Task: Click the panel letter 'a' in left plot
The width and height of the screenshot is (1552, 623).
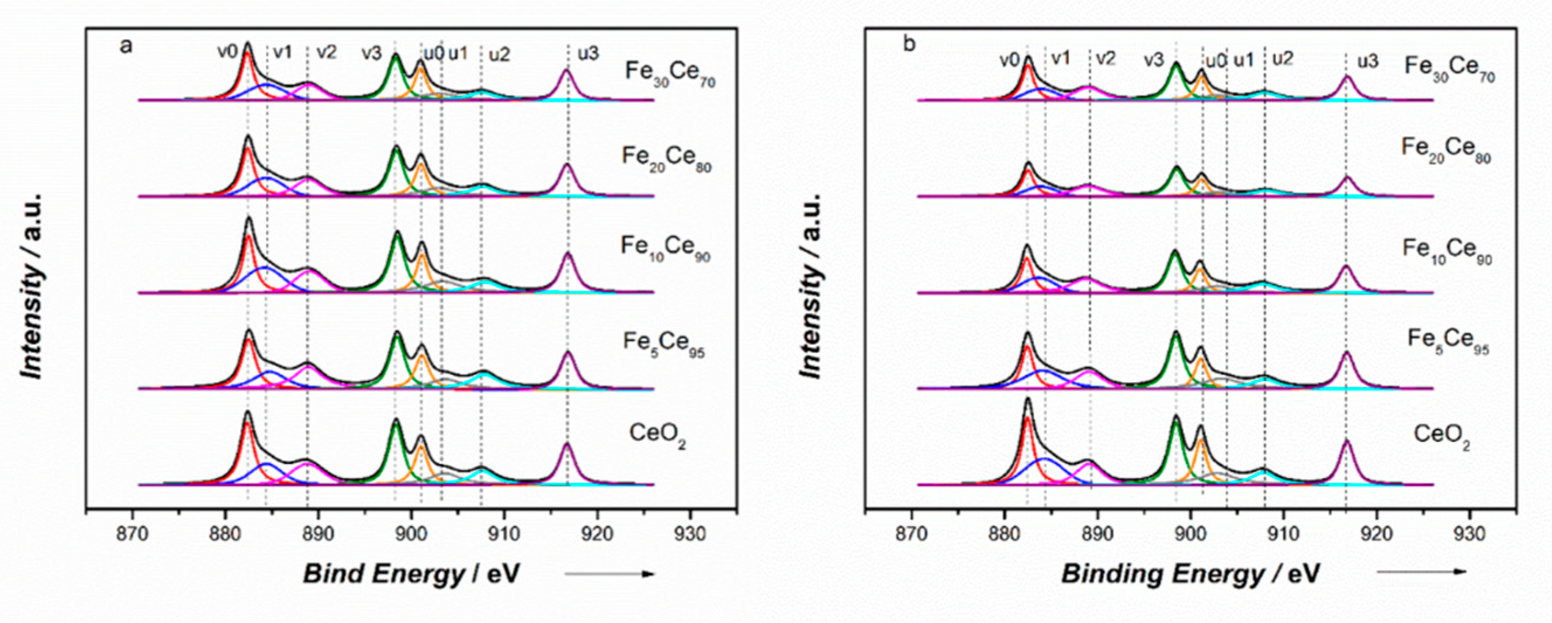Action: (125, 46)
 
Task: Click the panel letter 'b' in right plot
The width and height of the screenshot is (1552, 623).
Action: (910, 44)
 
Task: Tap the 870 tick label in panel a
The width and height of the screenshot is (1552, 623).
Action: (132, 534)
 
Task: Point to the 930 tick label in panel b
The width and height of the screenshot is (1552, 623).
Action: (1470, 534)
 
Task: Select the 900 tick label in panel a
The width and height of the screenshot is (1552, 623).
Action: (411, 534)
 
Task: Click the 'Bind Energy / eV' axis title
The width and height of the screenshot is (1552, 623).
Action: (411, 574)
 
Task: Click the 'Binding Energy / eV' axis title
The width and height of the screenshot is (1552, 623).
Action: (1190, 574)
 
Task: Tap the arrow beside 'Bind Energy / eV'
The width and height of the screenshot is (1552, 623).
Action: (609, 574)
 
